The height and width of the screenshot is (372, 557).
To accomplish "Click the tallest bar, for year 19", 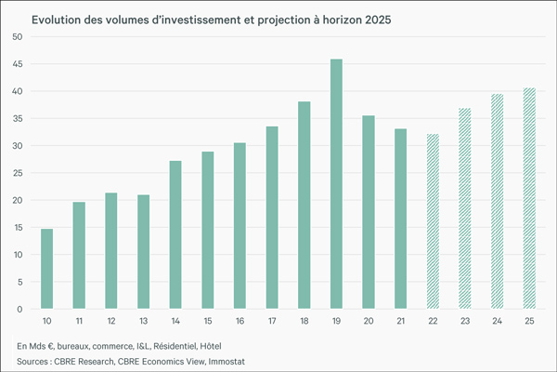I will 336,184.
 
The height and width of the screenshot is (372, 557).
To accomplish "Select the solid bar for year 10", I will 46,269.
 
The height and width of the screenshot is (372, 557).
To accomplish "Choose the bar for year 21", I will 400,219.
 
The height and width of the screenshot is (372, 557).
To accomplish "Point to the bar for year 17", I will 272,218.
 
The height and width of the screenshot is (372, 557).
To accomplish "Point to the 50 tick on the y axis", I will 19,37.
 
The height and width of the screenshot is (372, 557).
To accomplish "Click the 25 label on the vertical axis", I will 19,173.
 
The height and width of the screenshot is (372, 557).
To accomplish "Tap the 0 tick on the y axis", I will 21,309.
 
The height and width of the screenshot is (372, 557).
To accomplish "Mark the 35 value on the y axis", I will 19,118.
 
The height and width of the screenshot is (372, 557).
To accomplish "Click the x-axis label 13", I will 143,321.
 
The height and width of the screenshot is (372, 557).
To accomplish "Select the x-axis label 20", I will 369,321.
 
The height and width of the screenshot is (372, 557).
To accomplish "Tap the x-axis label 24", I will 497,321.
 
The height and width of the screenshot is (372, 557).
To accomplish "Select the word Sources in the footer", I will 34,359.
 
